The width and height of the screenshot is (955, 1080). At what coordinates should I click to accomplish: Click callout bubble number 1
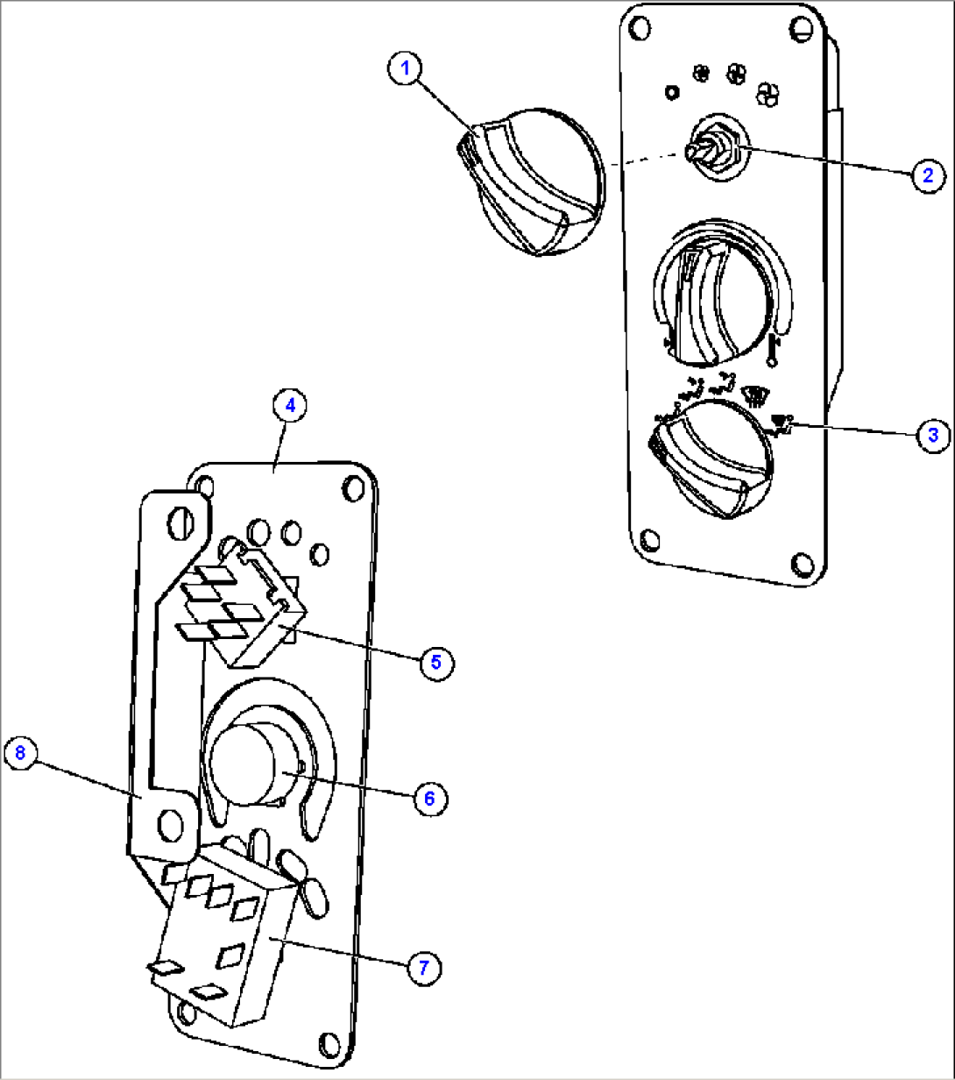pos(406,69)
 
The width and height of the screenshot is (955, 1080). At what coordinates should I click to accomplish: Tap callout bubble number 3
pos(933,434)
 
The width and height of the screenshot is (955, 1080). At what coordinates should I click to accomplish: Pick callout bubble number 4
pos(290,407)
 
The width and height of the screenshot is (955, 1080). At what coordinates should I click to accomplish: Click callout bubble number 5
pos(436,662)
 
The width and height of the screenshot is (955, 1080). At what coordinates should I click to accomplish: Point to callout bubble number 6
pos(429,798)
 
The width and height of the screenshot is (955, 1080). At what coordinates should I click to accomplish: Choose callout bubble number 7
pos(423,967)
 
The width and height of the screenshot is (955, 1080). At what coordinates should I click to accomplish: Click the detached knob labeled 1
pos(530,181)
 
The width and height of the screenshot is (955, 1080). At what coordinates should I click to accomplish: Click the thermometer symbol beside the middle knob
pos(774,345)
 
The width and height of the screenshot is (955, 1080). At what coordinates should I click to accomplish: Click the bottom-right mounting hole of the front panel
pos(800,562)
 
